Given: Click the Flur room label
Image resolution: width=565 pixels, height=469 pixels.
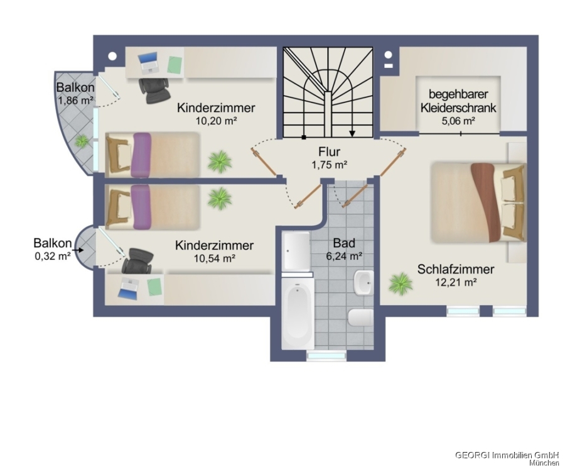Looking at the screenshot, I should (x=330, y=152).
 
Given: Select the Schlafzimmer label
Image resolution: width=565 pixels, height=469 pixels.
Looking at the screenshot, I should (x=456, y=270).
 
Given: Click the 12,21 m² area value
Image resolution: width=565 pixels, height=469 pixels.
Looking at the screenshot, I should (x=456, y=282).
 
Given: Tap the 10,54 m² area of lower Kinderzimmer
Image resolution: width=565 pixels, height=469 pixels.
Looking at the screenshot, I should (x=215, y=258).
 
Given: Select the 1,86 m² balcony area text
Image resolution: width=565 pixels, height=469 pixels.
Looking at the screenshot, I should (x=75, y=100).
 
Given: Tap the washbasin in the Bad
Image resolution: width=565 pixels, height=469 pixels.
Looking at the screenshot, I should (x=363, y=284).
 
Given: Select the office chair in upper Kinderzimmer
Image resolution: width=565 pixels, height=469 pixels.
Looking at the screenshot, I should (x=153, y=90).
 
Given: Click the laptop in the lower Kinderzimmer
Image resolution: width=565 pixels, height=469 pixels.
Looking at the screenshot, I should (x=129, y=288).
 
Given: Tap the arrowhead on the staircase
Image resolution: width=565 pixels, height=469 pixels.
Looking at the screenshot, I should (x=353, y=133).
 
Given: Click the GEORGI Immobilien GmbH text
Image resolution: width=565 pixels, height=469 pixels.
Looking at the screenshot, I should (x=507, y=454).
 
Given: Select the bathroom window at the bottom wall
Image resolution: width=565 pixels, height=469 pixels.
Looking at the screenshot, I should (x=326, y=356).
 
